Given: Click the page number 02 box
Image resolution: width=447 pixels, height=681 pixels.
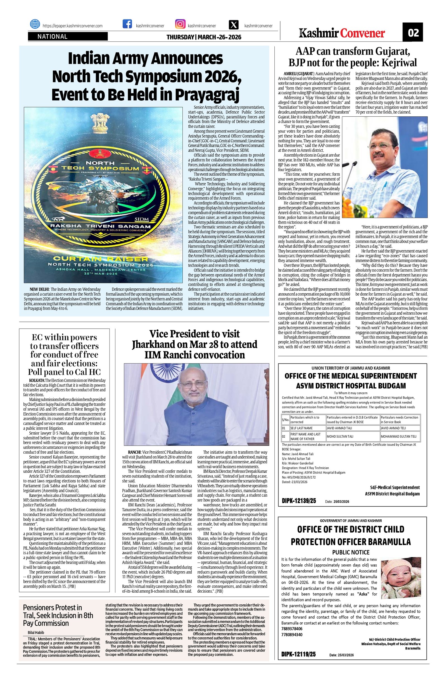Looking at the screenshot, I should click(x=413, y=33).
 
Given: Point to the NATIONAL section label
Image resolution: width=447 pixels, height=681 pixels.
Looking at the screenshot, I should click(x=53, y=37).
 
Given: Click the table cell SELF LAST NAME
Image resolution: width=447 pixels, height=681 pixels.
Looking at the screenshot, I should click(x=301, y=428).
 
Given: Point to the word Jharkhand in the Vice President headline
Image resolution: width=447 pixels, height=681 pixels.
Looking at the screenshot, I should click(x=154, y=344).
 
